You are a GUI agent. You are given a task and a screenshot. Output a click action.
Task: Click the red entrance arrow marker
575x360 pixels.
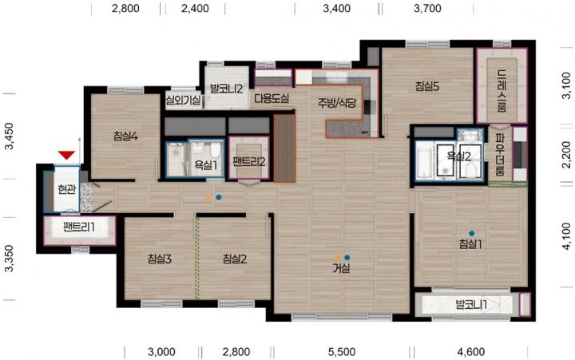pos(66,155)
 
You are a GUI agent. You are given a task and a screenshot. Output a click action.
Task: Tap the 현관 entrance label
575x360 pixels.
pos(67,189)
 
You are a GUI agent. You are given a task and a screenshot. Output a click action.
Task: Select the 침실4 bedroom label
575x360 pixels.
pos(125,136)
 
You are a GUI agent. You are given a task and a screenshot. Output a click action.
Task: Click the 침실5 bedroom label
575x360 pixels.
pos(427,86)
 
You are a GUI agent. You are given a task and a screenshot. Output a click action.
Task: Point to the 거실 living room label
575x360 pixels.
pos(341,268)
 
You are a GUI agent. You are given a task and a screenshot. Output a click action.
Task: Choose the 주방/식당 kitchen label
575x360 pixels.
pos(337,103)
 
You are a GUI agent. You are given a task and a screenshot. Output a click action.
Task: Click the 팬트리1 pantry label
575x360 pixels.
pos(79,227)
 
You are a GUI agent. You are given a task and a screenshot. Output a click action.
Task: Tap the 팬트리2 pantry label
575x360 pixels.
pos(249,162)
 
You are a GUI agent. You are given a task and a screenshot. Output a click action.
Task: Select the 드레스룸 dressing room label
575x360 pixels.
pos(502,90)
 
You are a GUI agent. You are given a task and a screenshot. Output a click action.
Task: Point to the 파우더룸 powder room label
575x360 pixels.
pos(499,154)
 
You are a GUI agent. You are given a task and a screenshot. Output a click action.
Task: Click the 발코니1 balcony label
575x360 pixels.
pos(471,304)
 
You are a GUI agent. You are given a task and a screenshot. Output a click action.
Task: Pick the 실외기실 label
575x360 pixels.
pos(183,100)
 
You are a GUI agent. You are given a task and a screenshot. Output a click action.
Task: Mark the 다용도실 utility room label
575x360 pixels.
pos(272,98)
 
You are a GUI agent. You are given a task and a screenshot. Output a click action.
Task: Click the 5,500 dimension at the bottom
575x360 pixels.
pos(342,352)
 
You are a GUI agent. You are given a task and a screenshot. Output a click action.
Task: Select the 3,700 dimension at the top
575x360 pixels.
pos(427,8)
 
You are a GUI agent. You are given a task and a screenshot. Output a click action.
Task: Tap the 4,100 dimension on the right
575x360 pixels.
pos(566,236)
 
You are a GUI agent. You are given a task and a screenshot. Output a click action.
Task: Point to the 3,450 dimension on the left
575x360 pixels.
pos(9,136)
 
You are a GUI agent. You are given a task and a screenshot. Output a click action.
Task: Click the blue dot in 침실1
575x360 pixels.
pos(472,233)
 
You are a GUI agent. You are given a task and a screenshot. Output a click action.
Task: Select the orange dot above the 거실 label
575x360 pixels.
pos(337,258)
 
